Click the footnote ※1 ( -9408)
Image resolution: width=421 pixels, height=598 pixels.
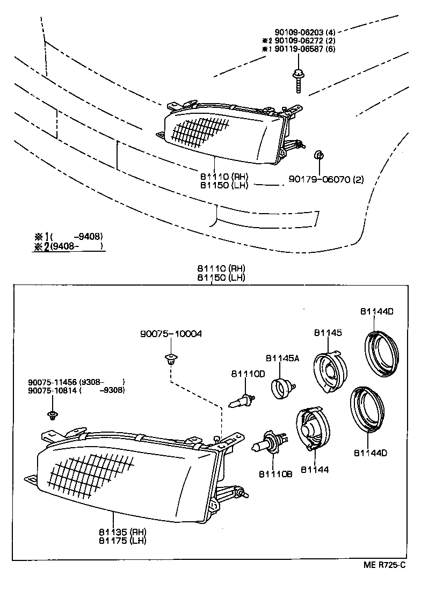[x=68, y=236]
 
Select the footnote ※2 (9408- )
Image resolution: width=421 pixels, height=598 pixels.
[x=68, y=246]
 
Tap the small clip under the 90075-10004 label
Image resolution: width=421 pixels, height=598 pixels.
[x=170, y=358]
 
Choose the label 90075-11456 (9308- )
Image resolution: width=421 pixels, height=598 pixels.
[x=76, y=382]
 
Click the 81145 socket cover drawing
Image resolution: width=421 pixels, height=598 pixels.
[x=330, y=372]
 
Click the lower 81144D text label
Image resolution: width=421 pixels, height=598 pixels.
[x=370, y=454]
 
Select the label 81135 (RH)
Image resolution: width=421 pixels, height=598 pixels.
[x=115, y=531]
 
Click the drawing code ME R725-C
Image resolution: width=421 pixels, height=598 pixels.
[x=383, y=565]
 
